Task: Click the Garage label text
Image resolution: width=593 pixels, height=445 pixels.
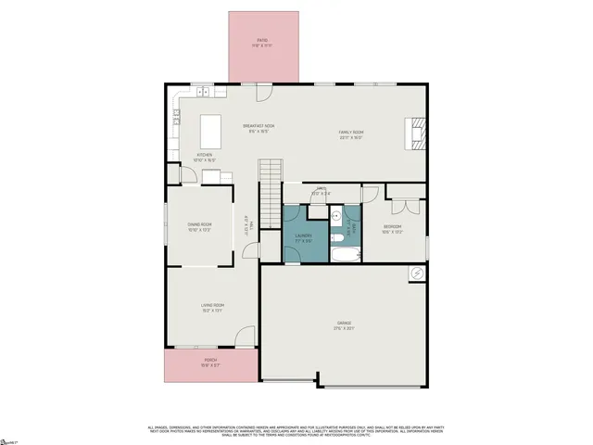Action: pyautogui.click(x=344, y=325)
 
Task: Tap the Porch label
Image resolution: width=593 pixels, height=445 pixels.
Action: pyautogui.click(x=211, y=363)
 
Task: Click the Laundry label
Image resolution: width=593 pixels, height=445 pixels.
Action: pyautogui.click(x=303, y=237)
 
